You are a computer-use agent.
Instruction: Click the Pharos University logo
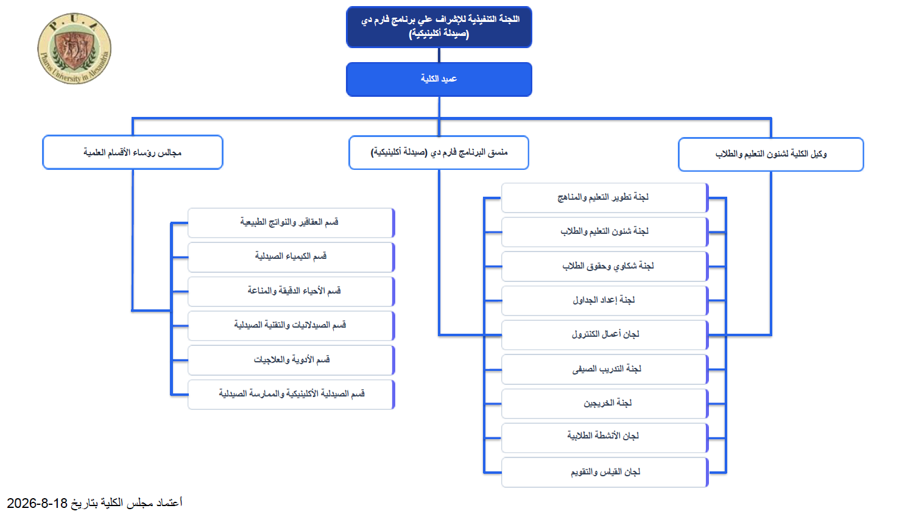pos(74,49)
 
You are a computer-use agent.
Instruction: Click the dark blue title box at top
pos(439,27)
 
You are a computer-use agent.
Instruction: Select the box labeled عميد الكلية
pos(439,79)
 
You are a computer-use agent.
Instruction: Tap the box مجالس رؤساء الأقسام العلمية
pos(133,152)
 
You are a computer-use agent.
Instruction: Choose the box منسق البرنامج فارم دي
pos(439,152)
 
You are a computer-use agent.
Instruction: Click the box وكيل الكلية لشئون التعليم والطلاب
pos(771,154)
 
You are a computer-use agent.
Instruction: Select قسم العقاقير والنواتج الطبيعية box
pos(291,223)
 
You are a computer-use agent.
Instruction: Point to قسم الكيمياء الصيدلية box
pos(291,257)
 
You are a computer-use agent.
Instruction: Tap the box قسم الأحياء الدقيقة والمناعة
pos(291,292)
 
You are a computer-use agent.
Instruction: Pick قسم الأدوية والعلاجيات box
pos(291,361)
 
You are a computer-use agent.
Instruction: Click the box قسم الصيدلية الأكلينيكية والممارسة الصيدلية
pos(291,395)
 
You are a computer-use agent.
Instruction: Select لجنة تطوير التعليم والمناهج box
pos(605,198)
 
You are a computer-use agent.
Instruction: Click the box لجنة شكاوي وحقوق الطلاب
pos(605,267)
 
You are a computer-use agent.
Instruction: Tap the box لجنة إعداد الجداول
pos(605,301)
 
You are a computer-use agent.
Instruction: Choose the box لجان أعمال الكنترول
pos(605,336)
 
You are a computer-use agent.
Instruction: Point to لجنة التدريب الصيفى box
pos(605,370)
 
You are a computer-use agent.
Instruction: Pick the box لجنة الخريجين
pos(605,404)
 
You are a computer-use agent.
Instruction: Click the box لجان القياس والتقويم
pos(605,473)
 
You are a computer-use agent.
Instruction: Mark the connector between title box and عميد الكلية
pos(439,55)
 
